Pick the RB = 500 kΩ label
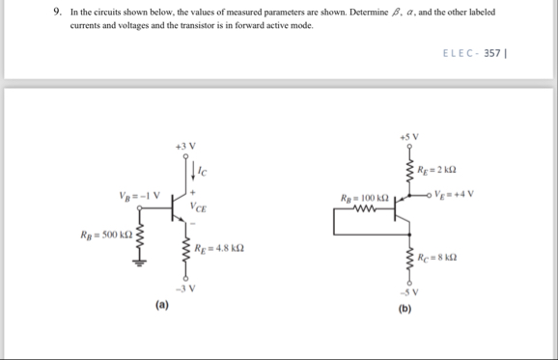click(x=108, y=235)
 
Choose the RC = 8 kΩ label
click(x=439, y=258)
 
